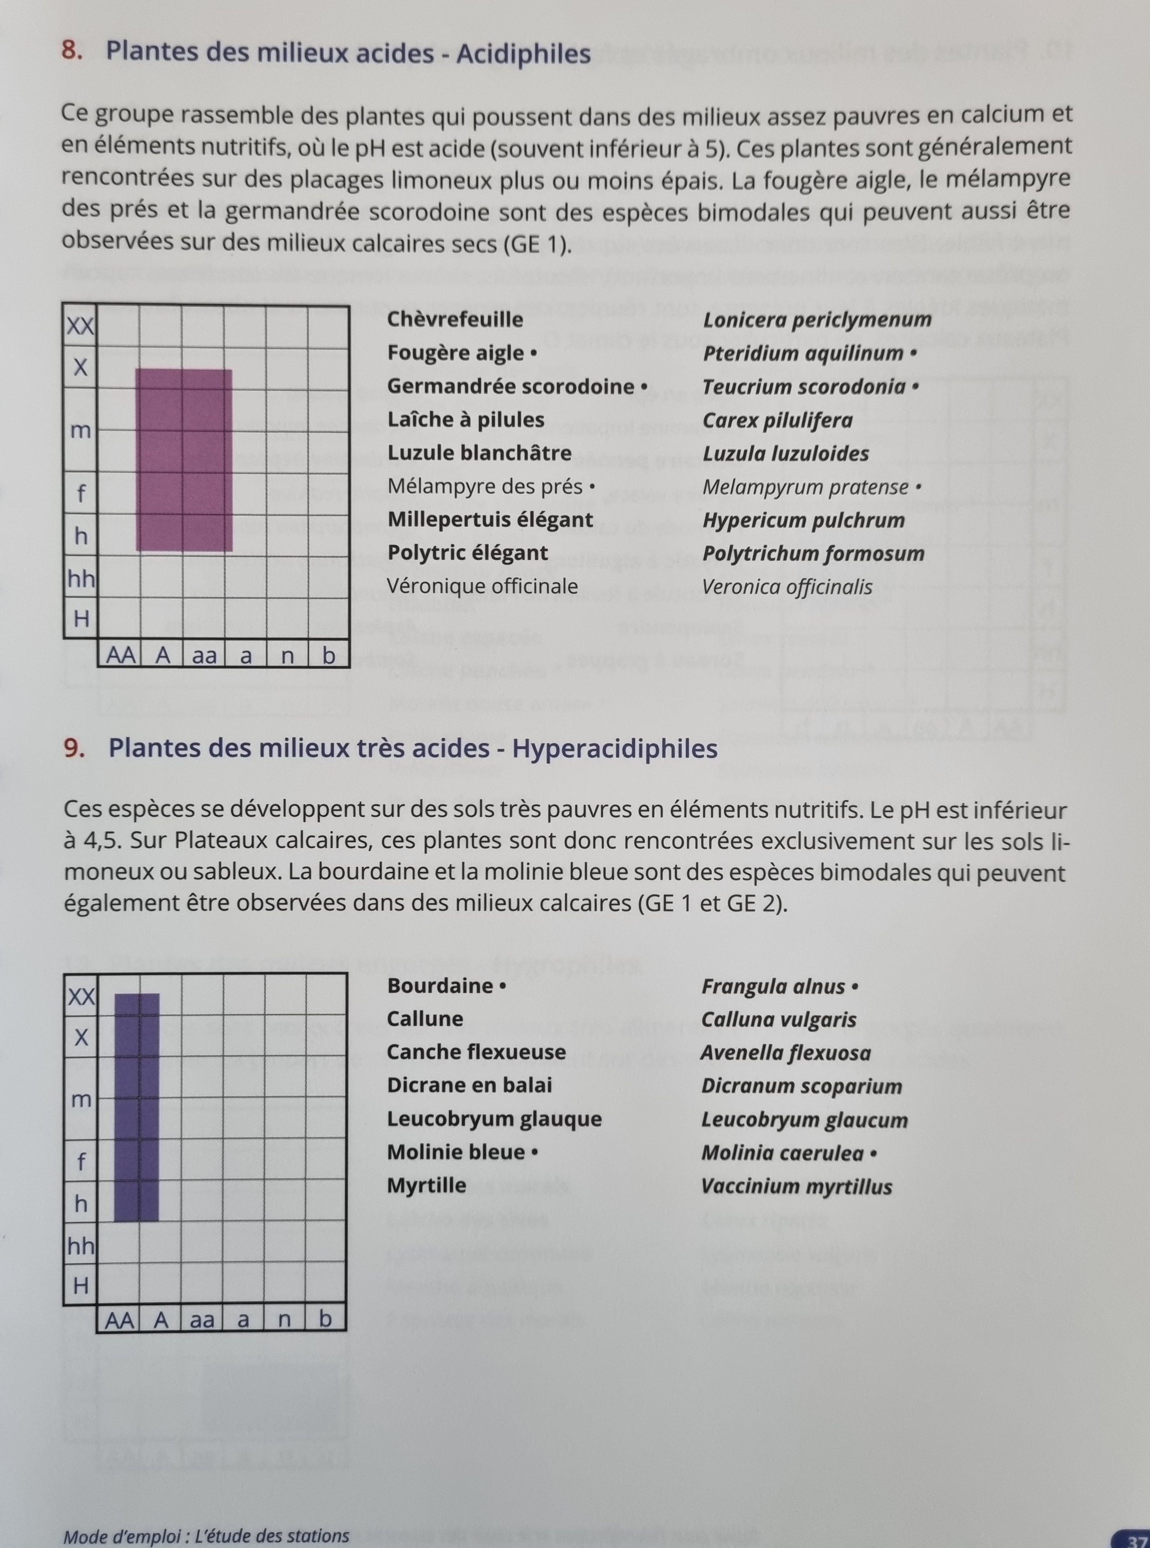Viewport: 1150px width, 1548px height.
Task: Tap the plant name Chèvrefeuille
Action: coord(455,319)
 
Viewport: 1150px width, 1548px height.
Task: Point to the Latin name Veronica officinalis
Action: coord(787,587)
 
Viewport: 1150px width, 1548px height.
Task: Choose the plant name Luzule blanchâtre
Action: coord(479,454)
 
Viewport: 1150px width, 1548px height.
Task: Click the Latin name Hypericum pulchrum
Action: coord(804,520)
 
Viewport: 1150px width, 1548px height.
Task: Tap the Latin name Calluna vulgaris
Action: coord(778,1020)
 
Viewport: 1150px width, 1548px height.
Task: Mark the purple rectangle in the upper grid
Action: coord(184,460)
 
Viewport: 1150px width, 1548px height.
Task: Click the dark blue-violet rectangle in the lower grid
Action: coord(136,1107)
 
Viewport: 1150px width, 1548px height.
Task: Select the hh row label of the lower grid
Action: coord(80,1245)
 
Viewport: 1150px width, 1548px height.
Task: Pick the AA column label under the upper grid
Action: coord(120,656)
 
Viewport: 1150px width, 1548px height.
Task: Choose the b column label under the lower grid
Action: coord(325,1319)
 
